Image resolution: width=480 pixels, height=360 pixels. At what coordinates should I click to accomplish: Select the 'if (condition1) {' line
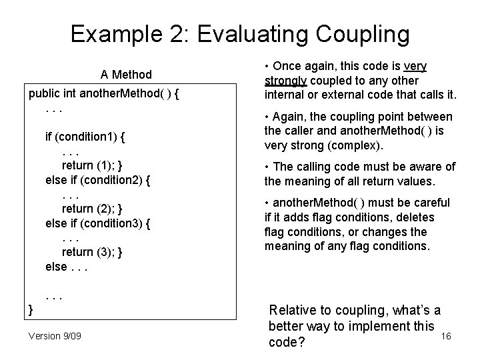pos(86,137)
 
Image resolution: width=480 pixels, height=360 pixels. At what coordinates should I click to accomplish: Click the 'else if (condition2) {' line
pos(97,180)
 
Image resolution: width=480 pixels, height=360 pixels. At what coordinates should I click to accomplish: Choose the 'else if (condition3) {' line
pos(97,223)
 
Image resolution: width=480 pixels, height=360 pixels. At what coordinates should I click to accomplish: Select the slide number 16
pos(446,335)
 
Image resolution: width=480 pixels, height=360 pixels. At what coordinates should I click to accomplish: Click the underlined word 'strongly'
pos(285,81)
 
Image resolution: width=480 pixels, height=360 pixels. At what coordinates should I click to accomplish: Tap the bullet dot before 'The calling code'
pos(267,167)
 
